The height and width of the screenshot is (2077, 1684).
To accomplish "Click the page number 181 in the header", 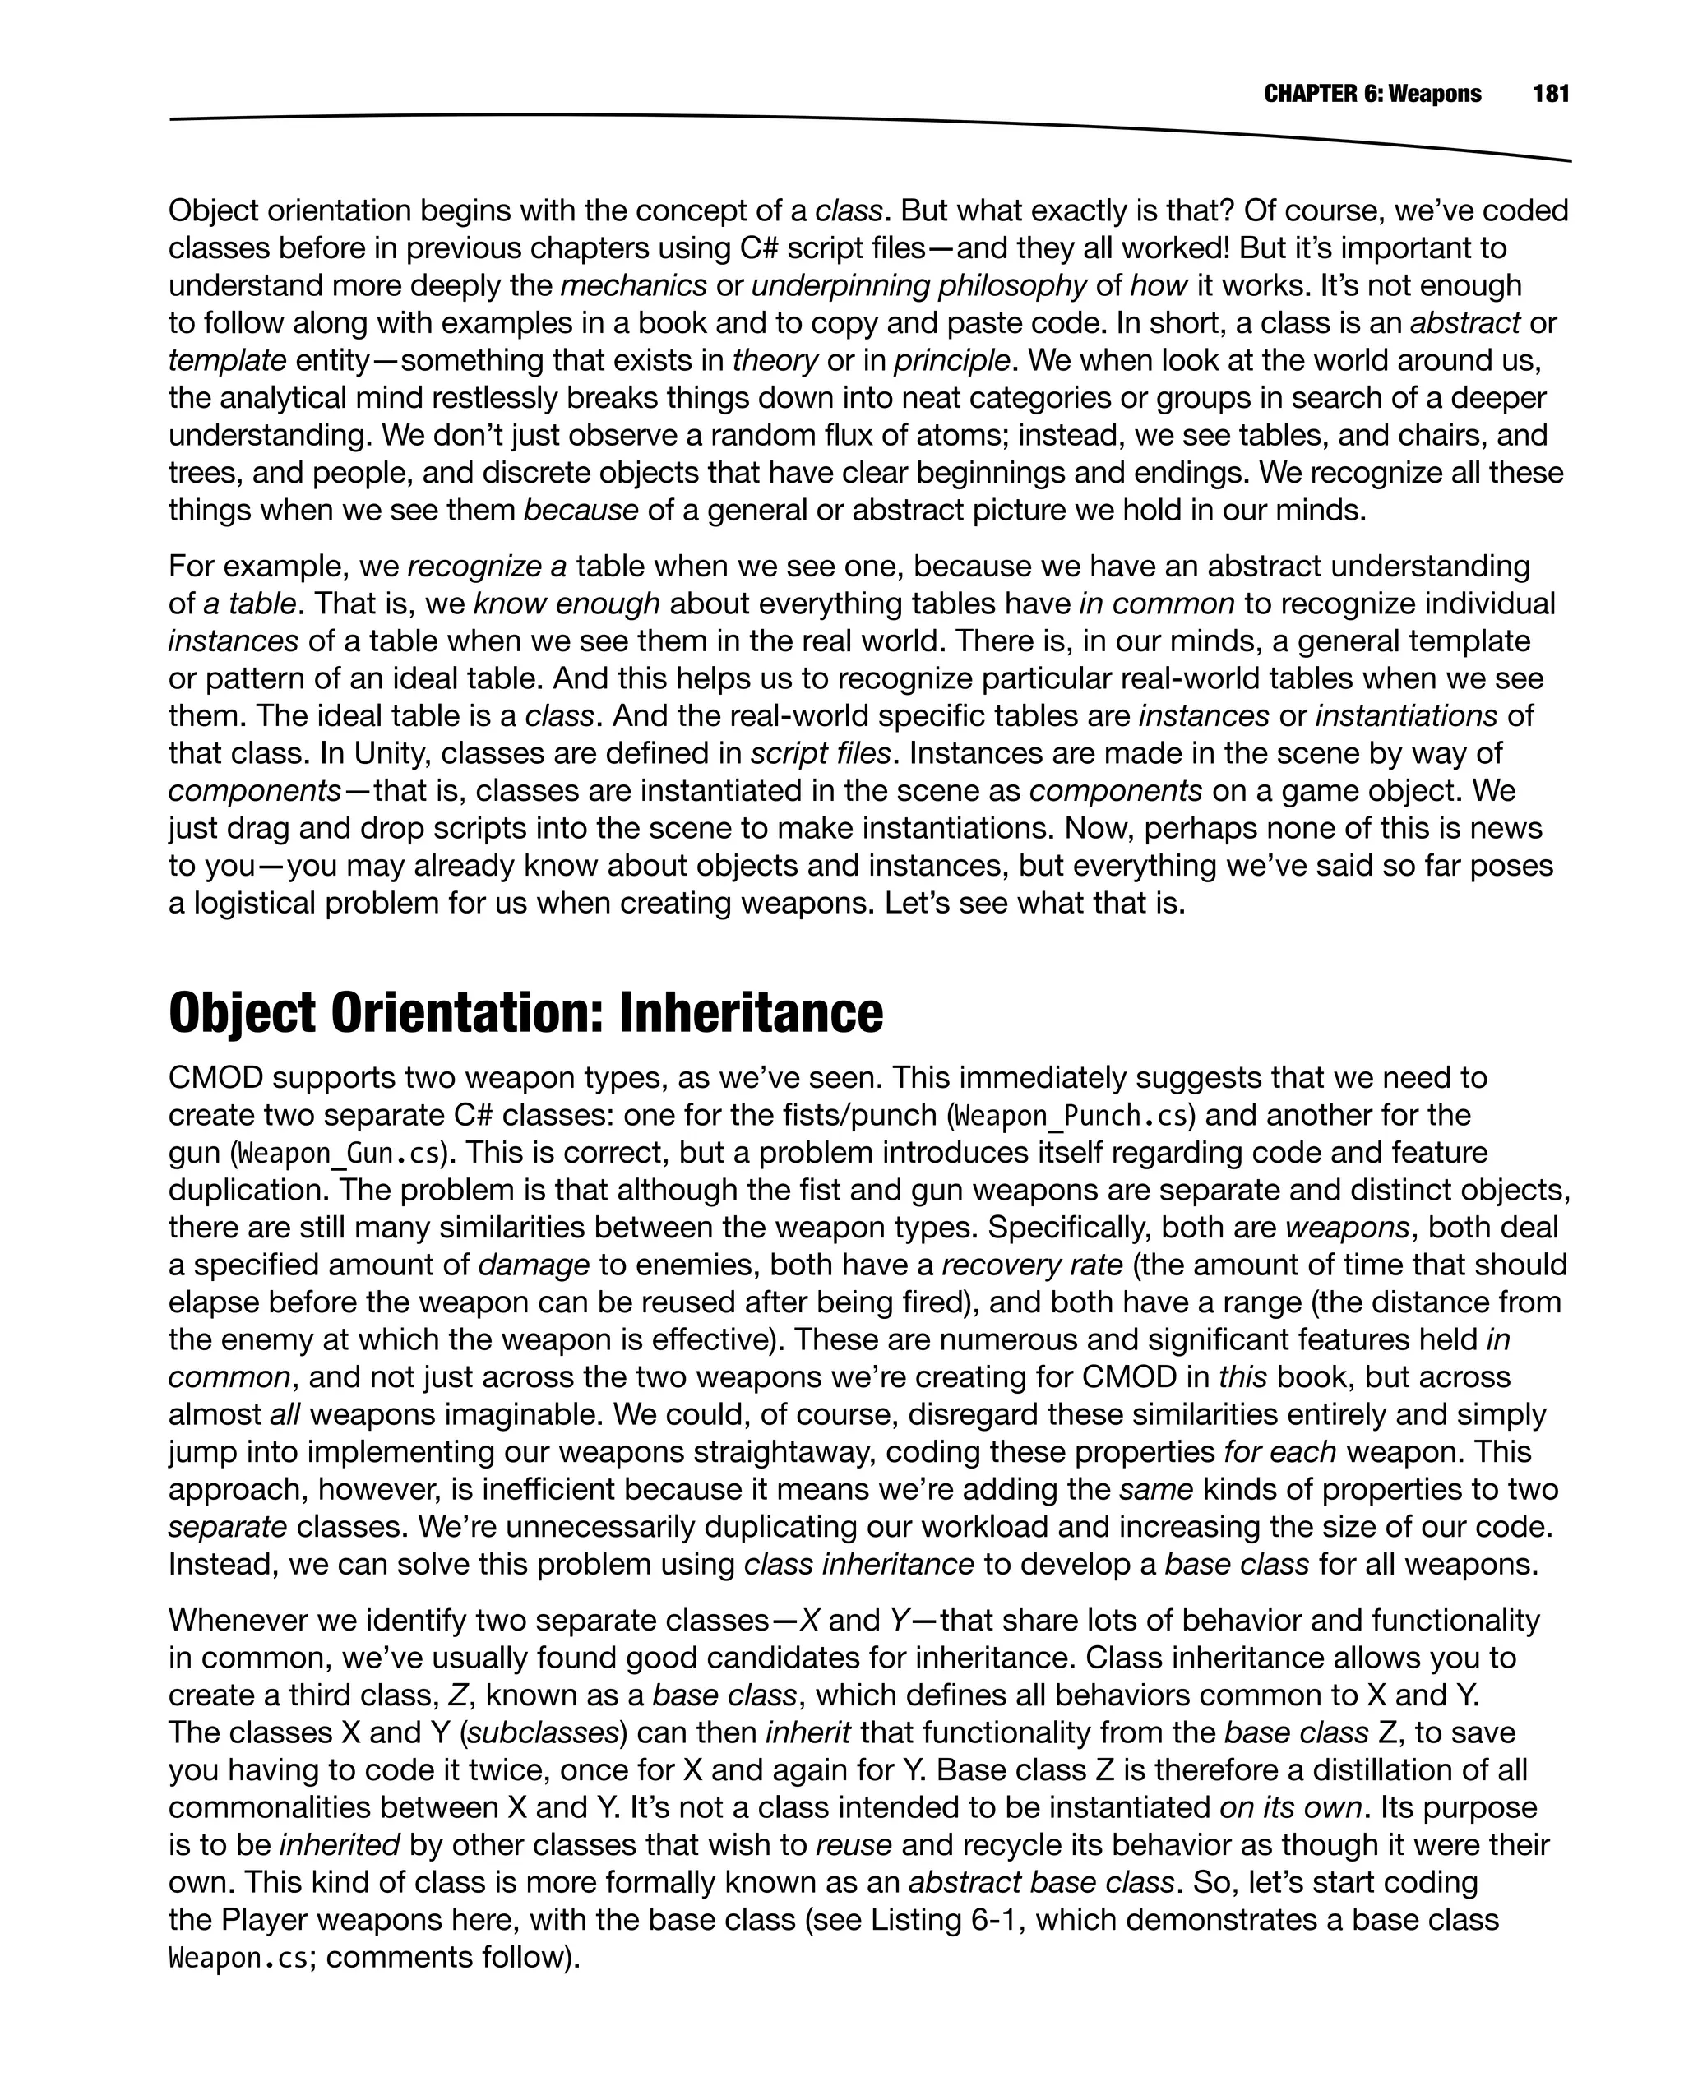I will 1550,94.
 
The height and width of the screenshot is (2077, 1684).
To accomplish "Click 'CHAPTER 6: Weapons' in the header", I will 1372,94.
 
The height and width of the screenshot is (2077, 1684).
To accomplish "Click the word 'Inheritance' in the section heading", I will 751,1014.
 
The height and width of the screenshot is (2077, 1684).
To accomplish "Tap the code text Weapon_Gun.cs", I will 339,1154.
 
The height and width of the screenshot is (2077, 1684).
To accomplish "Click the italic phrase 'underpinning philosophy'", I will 918,286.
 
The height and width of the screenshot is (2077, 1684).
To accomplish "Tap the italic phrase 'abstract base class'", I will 1042,1883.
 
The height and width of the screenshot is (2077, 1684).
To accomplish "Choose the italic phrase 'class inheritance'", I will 858,1565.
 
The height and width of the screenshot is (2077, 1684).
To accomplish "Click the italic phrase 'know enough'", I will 567,604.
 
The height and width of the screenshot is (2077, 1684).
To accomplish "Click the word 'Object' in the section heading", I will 242,1014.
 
